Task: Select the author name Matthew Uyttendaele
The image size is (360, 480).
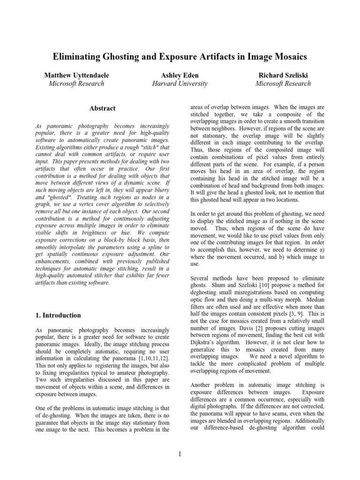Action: (x=76, y=75)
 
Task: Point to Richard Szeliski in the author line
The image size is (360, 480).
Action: (x=283, y=75)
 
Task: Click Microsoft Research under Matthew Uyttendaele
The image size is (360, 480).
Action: (x=76, y=84)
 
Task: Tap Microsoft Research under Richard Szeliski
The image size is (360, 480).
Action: (x=283, y=84)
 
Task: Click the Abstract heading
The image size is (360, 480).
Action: (x=102, y=109)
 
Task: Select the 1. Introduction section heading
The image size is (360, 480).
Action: (x=58, y=315)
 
